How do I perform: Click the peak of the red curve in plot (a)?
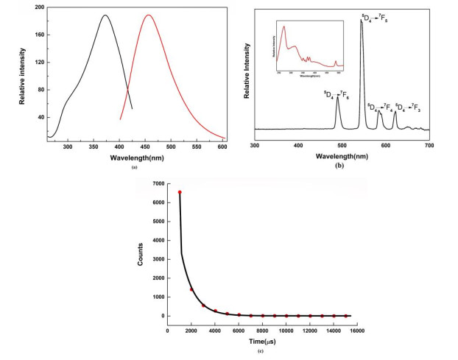click(149, 15)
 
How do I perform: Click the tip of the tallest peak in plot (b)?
click(361, 21)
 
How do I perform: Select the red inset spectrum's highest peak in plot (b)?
click(283, 27)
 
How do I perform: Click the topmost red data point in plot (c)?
click(180, 192)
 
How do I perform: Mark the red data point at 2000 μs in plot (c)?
click(191, 289)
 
